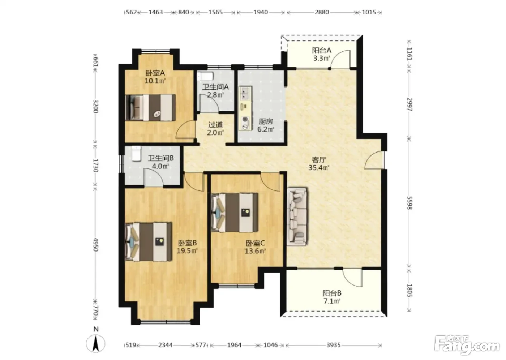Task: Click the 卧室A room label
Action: [155, 73]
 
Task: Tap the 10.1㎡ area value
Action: [155, 81]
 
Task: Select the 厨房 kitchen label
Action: [266, 121]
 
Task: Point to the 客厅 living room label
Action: [319, 160]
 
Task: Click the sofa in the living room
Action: [297, 216]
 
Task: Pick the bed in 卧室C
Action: [235, 213]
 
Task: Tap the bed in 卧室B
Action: [149, 242]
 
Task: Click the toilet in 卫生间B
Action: [137, 154]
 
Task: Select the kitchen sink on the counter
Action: [245, 93]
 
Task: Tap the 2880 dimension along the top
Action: [322, 12]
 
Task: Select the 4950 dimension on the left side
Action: [96, 245]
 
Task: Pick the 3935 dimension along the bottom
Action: [334, 345]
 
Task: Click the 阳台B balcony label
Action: [332, 293]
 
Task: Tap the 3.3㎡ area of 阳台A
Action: [321, 59]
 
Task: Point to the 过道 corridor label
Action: [215, 124]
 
